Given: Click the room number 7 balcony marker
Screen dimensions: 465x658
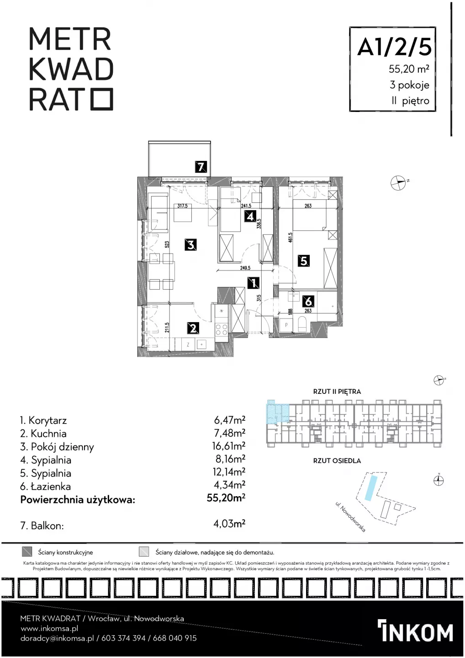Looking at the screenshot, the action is tap(201, 167).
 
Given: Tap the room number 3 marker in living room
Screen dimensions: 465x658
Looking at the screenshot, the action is tap(191, 244).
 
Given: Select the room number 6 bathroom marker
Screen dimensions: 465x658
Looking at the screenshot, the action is tap(308, 302).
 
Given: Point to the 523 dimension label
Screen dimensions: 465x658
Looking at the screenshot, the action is tap(167, 245).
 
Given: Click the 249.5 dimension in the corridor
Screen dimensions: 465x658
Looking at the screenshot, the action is tap(245, 268).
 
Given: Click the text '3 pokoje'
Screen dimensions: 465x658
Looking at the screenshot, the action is tap(409, 85).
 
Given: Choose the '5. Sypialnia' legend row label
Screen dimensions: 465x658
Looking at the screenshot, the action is tap(46, 473).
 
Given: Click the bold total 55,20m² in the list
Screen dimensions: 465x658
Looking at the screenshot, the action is tap(226, 498).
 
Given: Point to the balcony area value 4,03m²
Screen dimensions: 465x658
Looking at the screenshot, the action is tap(229, 524).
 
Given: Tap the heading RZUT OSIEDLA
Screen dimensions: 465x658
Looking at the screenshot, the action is tap(337, 461).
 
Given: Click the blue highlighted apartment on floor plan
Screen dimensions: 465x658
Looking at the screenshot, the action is tap(277, 413).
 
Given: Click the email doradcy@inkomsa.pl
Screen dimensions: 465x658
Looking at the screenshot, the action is tap(57, 638).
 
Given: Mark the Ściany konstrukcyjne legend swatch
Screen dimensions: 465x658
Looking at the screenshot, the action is tap(27, 552).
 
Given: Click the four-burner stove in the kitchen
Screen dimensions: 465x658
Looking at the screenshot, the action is tap(221, 329).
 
